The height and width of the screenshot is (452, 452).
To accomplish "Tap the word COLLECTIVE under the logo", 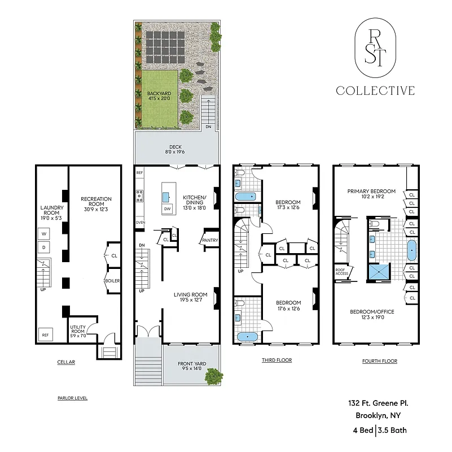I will pyautogui.click(x=375, y=90).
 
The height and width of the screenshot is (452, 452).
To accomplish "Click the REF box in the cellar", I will pyautogui.click(x=45, y=335).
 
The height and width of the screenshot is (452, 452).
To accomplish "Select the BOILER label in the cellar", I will pyautogui.click(x=112, y=281).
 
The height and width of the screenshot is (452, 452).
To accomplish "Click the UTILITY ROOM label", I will pyautogui.click(x=78, y=331).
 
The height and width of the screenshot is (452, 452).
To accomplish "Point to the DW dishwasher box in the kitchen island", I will pyautogui.click(x=167, y=210).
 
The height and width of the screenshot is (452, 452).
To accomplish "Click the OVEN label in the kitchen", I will pyautogui.click(x=141, y=223).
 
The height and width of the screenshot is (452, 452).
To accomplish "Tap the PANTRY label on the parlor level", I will pyautogui.click(x=210, y=241).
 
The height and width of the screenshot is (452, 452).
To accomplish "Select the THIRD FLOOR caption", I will pyautogui.click(x=276, y=360).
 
